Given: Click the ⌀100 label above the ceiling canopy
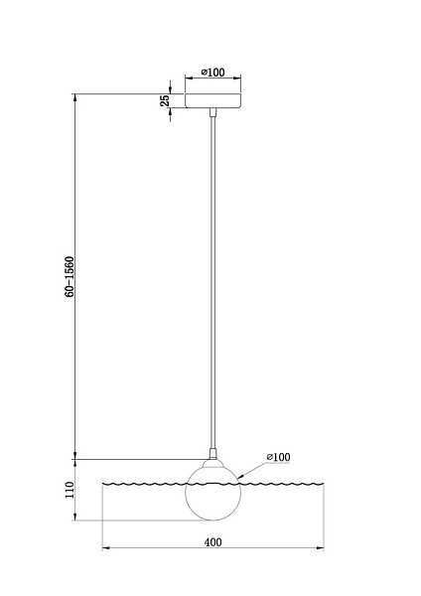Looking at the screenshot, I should pyautogui.click(x=212, y=73).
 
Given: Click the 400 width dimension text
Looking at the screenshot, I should pyautogui.click(x=212, y=541).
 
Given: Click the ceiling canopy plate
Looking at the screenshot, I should pyautogui.click(x=212, y=101).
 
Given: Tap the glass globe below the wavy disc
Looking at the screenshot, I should pyautogui.click(x=212, y=502).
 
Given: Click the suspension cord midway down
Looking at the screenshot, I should pyautogui.click(x=212, y=278).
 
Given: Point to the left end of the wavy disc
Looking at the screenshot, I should pyautogui.click(x=104, y=485).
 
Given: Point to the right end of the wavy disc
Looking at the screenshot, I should pyautogui.click(x=322, y=485).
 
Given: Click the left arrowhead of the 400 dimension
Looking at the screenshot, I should pyautogui.click(x=105, y=548).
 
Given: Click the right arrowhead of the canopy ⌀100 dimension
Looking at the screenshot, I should pyautogui.click(x=238, y=80).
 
